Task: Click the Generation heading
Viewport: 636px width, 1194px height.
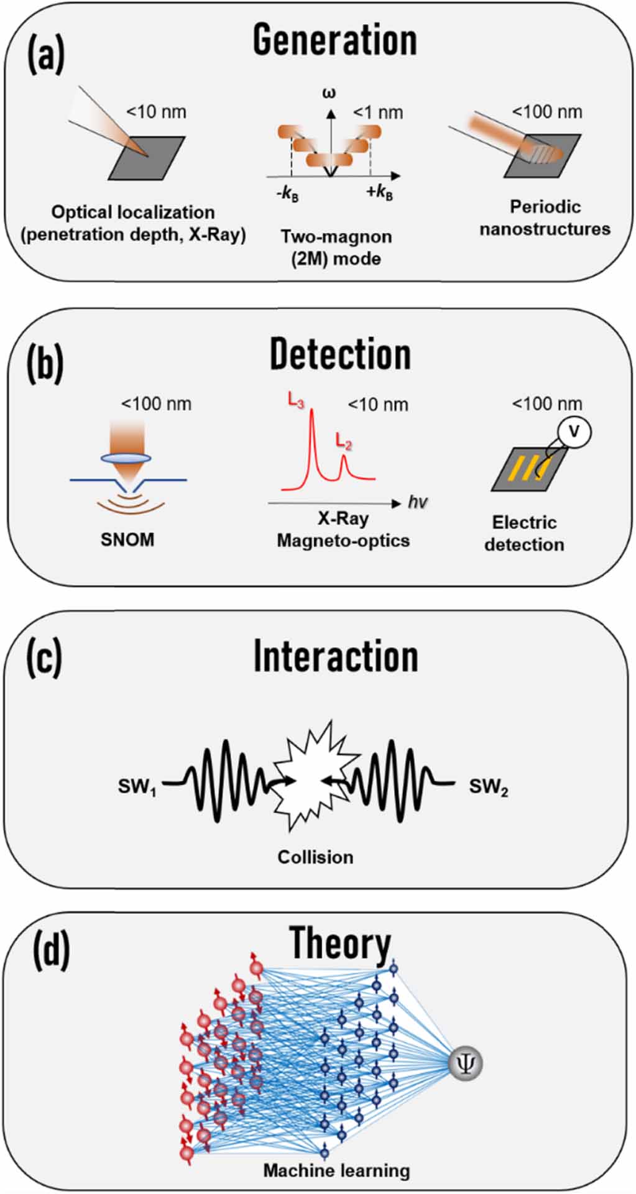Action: (334, 41)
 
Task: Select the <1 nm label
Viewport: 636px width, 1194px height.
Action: (378, 113)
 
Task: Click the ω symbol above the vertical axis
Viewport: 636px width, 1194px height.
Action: (330, 94)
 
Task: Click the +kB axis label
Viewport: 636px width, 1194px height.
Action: (379, 193)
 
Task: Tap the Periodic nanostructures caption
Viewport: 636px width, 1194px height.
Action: (545, 218)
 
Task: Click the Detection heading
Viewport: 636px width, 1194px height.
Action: (340, 354)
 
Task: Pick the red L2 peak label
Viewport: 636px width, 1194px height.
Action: (344, 442)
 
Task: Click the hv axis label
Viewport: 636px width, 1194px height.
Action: (418, 502)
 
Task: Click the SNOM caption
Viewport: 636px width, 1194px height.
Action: (127, 540)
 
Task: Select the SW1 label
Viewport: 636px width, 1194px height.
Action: (137, 788)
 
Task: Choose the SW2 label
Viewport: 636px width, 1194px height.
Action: (489, 788)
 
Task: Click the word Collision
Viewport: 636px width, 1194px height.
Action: (315, 857)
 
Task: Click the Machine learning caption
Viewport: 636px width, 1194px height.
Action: (336, 1171)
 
